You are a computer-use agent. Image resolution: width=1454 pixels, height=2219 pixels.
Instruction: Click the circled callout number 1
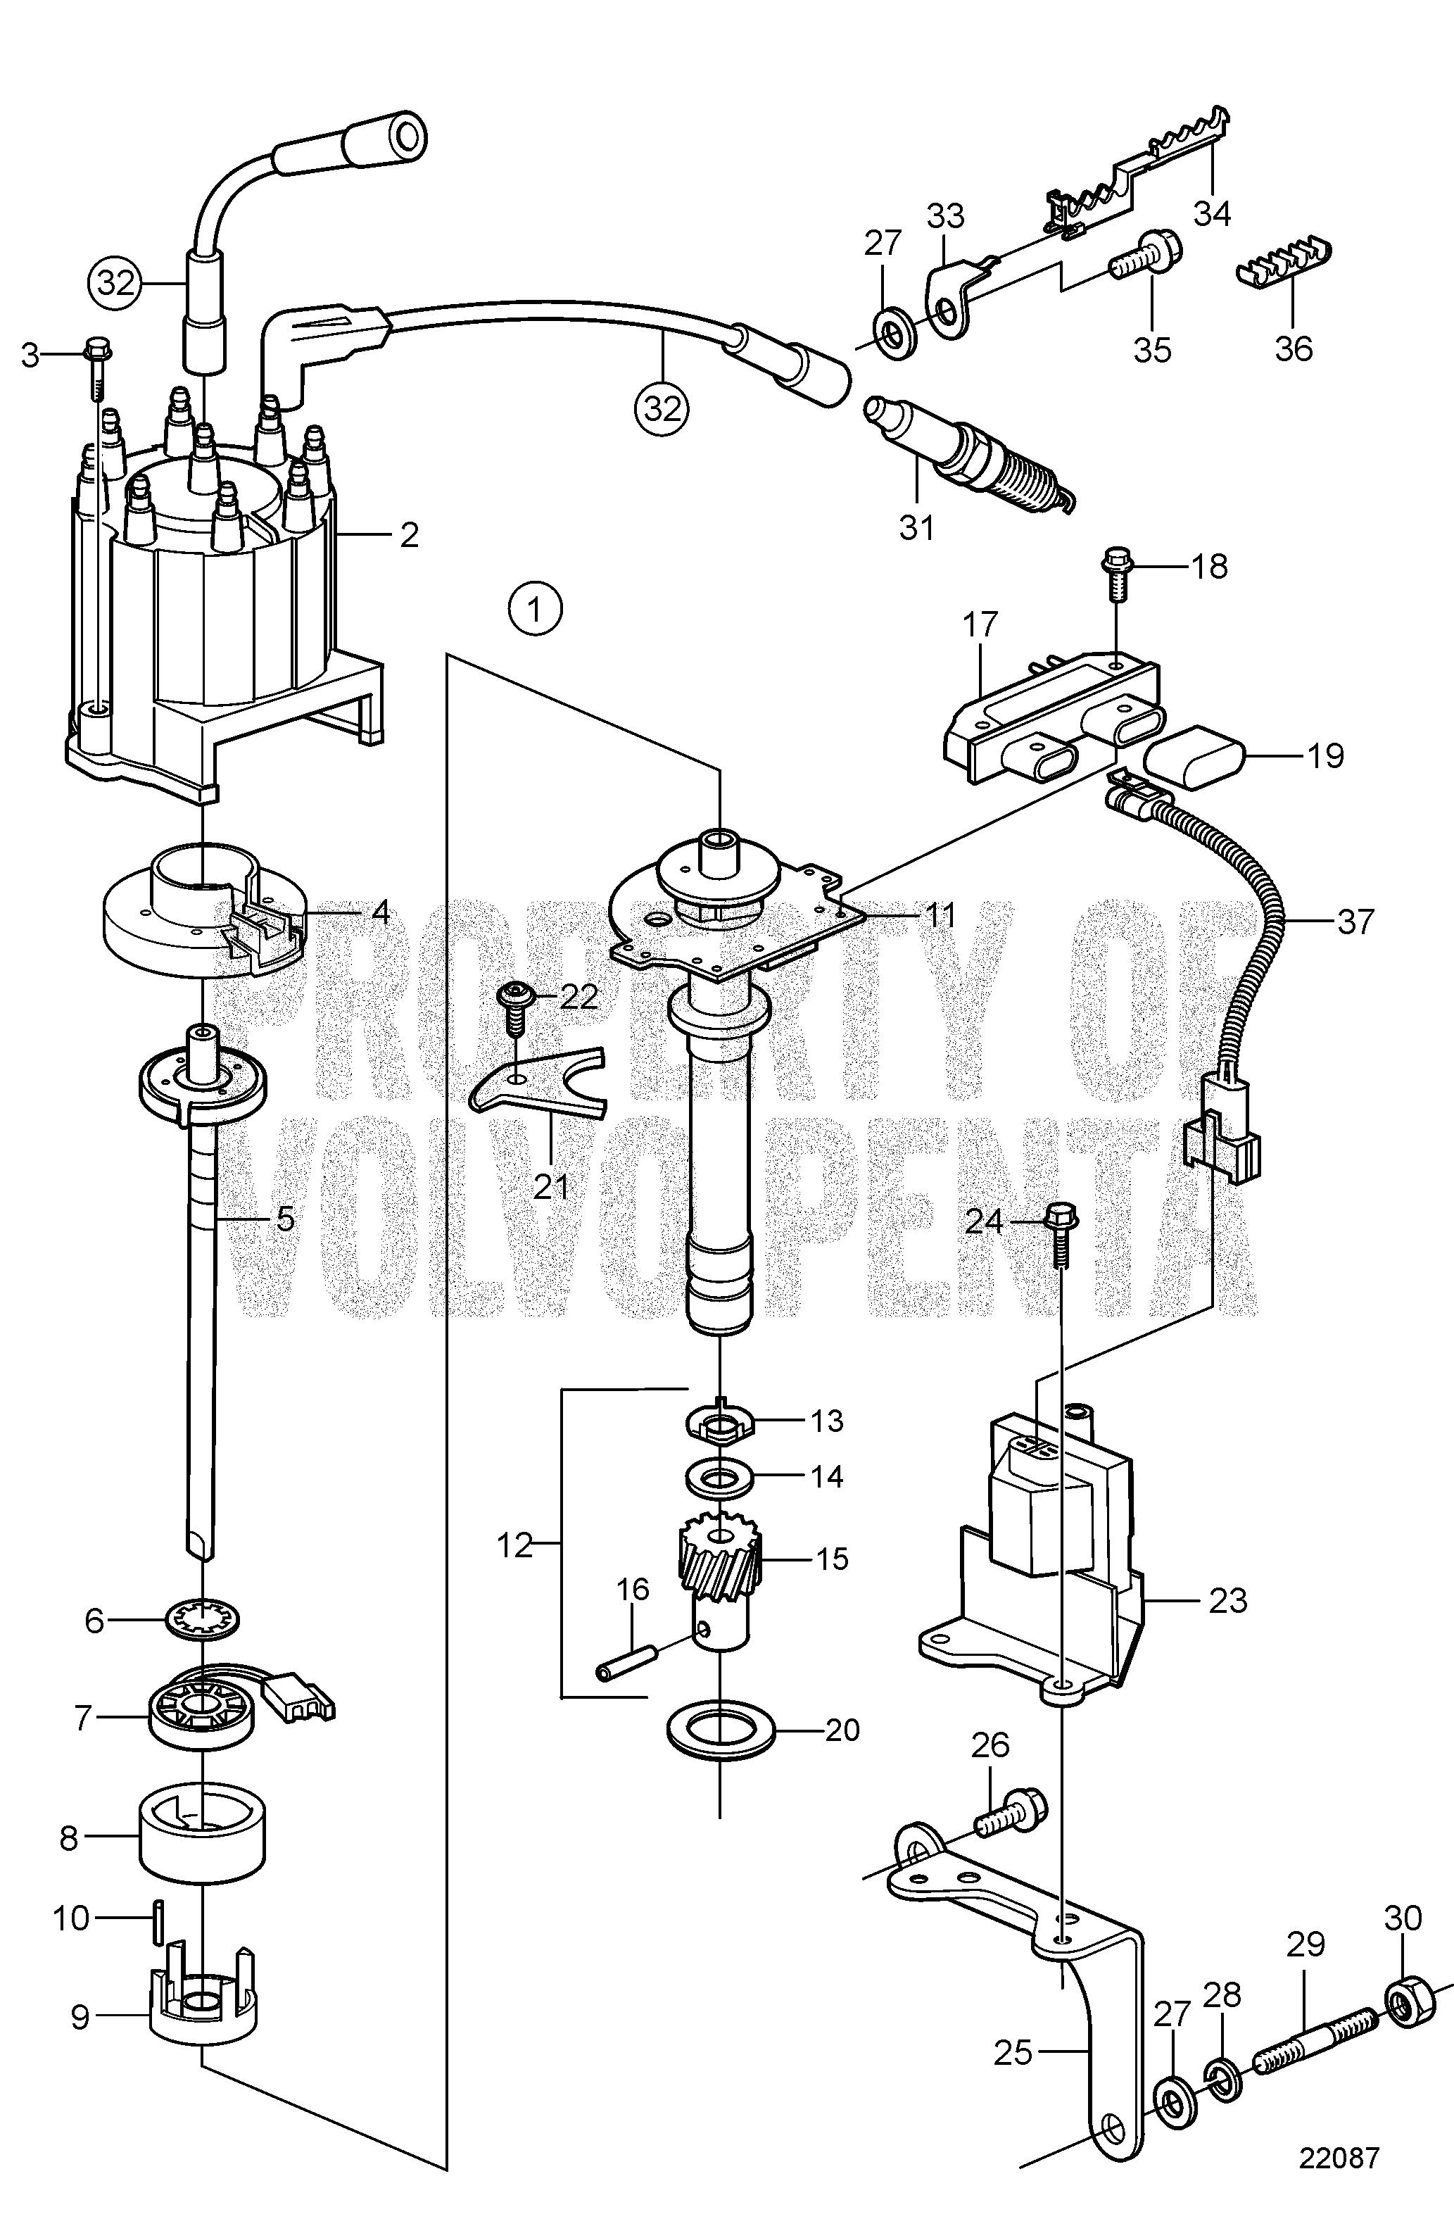coord(535,610)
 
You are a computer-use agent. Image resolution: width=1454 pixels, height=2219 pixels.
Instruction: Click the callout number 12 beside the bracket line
coord(514,1546)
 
